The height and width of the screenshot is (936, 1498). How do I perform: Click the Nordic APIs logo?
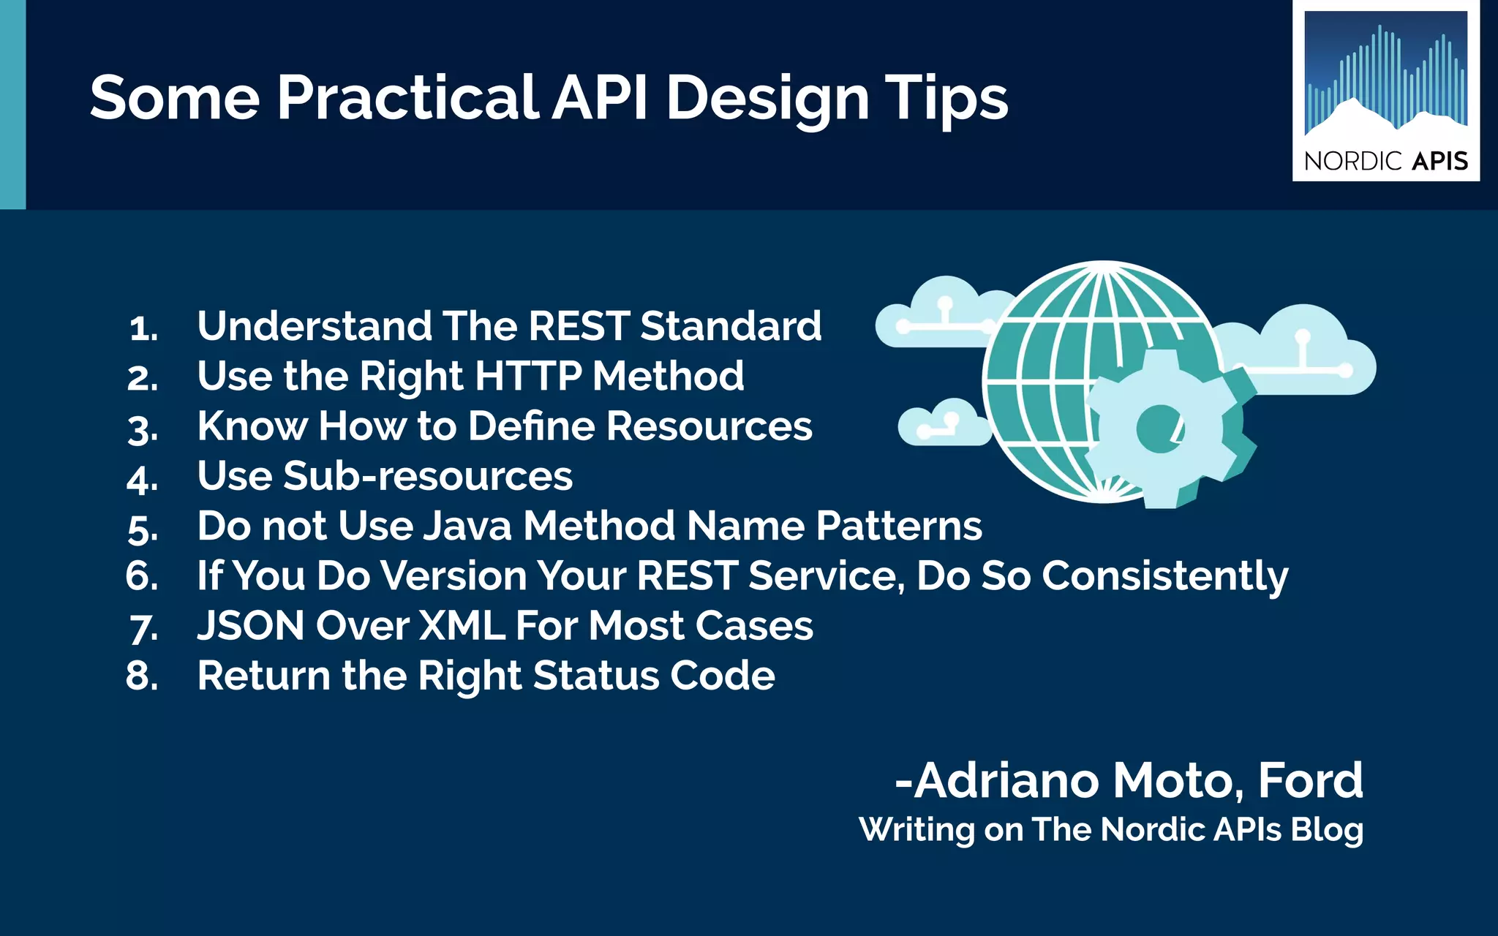1386,91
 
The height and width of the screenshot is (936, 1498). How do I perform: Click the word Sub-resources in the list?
427,476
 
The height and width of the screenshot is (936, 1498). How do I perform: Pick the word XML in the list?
461,626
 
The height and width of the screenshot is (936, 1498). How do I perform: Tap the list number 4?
141,480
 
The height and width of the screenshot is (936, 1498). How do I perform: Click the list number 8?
141,676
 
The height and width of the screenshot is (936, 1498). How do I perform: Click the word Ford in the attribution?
1310,780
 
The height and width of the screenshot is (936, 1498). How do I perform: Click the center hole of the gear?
1160,429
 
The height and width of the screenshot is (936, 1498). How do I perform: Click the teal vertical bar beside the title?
12,105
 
